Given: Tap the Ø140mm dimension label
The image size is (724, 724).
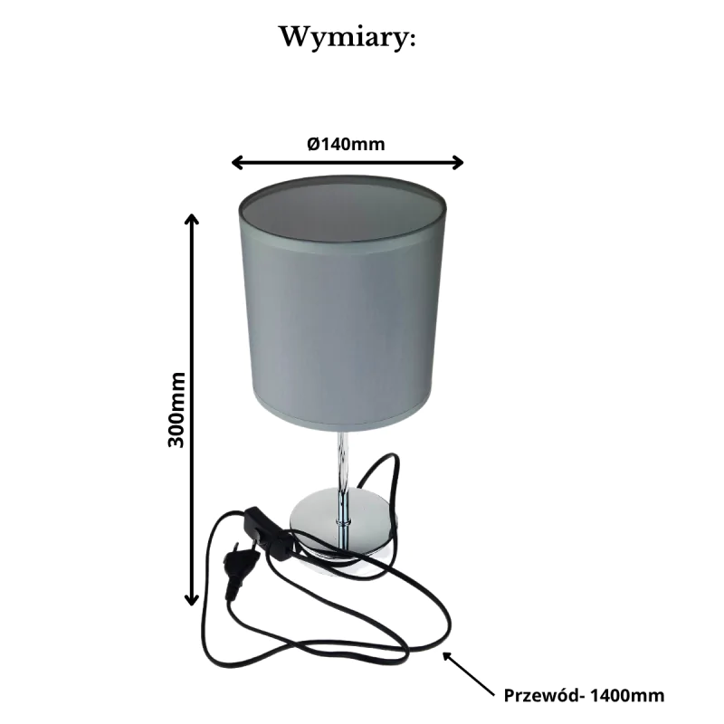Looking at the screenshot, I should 347,143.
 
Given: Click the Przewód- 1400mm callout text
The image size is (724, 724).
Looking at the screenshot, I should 583,696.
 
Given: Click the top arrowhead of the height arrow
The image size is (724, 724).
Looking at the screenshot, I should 191,220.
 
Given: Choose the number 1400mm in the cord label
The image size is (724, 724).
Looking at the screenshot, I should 627,696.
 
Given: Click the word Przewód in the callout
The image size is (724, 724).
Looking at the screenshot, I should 540,696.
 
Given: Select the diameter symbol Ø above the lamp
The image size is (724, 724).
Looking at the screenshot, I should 312,143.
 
